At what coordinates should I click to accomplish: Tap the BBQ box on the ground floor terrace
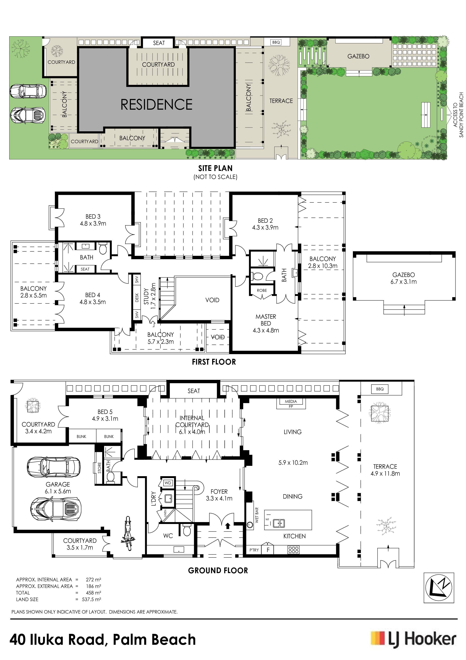pyautogui.click(x=380, y=389)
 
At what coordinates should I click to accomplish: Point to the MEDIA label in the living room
pyautogui.click(x=291, y=401)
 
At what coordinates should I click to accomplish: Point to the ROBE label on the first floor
pyautogui.click(x=262, y=290)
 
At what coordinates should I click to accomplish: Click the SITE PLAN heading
pyautogui.click(x=215, y=168)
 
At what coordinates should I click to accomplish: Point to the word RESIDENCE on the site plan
pyautogui.click(x=157, y=104)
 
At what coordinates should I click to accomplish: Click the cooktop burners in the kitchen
pyautogui.click(x=293, y=550)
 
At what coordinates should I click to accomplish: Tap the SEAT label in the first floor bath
pyautogui.click(x=85, y=269)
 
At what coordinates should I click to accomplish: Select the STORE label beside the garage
pyautogui.click(x=100, y=468)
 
